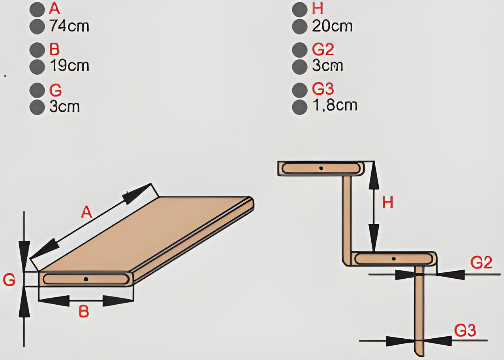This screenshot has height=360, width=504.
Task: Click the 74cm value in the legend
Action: [x=69, y=26]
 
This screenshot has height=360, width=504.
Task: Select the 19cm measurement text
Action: [x=69, y=66]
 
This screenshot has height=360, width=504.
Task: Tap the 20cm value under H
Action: [x=332, y=26]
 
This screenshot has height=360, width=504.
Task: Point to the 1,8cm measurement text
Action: [x=334, y=105]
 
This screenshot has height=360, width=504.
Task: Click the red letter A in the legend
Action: [x=55, y=9]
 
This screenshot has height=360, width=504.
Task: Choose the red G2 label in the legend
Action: [x=323, y=49]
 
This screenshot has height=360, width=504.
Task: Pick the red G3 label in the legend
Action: [x=323, y=89]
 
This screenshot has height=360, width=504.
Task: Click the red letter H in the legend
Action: [x=318, y=9]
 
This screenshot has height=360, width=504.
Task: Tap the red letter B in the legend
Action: [x=55, y=49]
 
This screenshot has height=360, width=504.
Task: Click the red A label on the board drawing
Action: [x=87, y=212]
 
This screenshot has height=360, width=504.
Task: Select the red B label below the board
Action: [x=84, y=311]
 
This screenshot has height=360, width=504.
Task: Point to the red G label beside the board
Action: [x=9, y=280]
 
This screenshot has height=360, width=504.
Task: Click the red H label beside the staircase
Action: [x=387, y=202]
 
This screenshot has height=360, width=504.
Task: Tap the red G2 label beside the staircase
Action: [x=481, y=262]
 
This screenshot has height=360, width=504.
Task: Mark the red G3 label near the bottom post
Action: [x=465, y=330]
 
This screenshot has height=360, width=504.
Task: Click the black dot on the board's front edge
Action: [x=86, y=279]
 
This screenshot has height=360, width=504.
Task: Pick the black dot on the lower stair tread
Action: [x=393, y=259]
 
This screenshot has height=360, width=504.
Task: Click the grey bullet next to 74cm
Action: [x=37, y=26]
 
